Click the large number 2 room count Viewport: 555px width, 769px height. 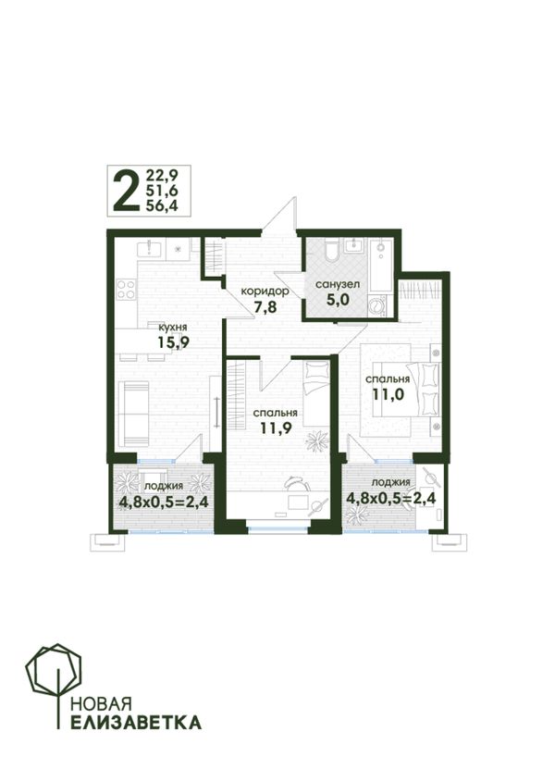click(125, 192)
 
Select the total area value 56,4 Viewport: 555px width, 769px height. click(162, 206)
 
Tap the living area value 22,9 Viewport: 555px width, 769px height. click(162, 175)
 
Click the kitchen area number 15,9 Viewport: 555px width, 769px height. click(173, 341)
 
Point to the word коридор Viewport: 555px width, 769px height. click(265, 291)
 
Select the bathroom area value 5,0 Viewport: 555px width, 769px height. click(339, 299)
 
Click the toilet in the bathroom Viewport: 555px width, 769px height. click(331, 249)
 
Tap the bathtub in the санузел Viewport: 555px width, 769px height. click(381, 267)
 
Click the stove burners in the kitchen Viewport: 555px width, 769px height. click(126, 289)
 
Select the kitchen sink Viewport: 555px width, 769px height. click(150, 248)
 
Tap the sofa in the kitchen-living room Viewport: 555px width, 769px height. click(135, 415)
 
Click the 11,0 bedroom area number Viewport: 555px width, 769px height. click(388, 394)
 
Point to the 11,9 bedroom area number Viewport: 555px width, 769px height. click(276, 428)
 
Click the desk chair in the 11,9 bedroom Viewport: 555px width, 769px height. click(296, 483)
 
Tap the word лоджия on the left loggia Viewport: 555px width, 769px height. click(164, 486)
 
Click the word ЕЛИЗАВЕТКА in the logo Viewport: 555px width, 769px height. click(136, 722)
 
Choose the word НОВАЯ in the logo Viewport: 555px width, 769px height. click(102, 704)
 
